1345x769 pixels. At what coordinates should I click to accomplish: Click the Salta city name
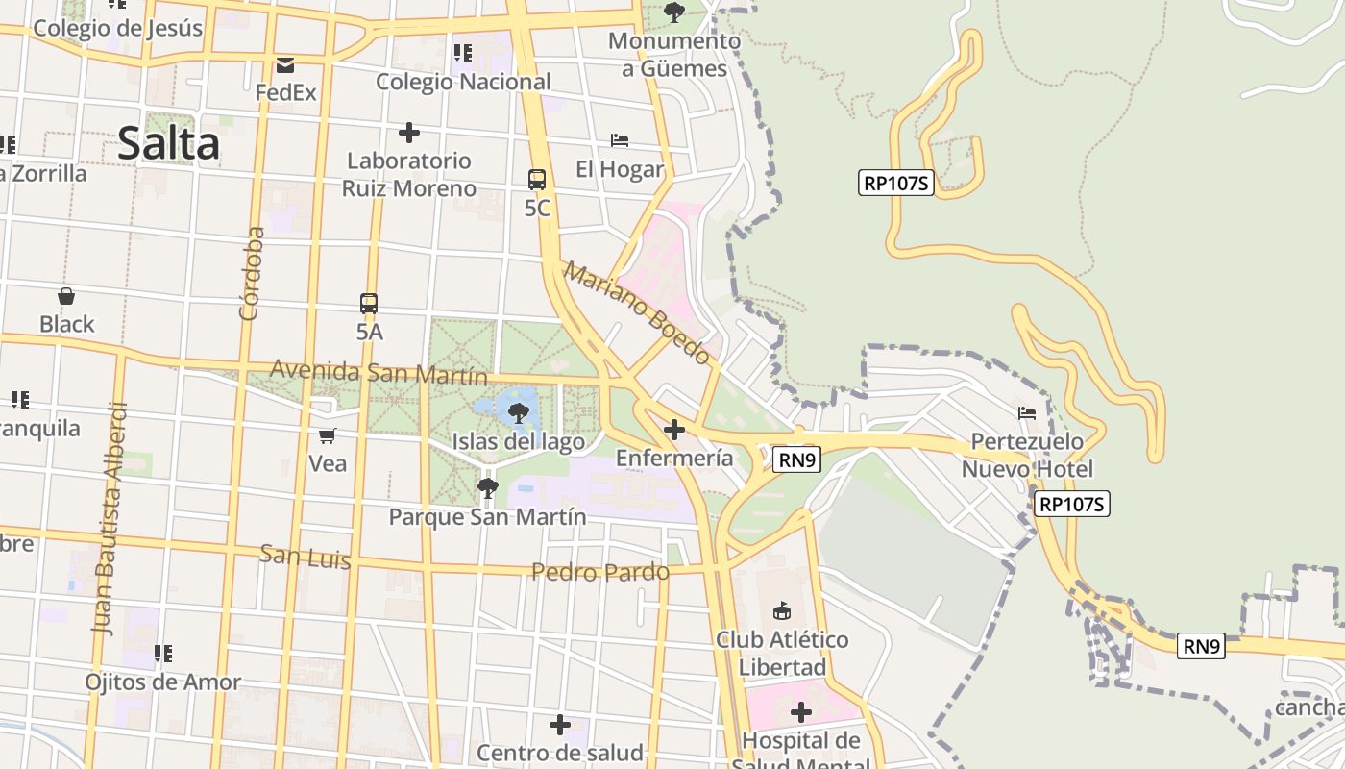[169, 144]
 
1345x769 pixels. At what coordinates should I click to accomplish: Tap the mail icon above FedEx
[285, 65]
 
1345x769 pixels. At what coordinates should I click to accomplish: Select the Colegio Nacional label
[463, 82]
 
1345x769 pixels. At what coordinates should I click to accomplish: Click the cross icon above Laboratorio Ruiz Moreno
[409, 132]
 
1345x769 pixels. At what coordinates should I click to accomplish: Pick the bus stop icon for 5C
[537, 180]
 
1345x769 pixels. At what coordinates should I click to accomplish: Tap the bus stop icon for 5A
[369, 304]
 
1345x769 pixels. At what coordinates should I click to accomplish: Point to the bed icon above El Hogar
[620, 140]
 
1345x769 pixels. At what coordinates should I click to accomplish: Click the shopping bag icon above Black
[66, 296]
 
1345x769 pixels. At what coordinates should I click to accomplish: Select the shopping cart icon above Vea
[328, 436]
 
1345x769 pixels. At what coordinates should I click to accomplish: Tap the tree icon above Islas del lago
[519, 413]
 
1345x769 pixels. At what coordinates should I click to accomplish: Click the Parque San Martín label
[487, 517]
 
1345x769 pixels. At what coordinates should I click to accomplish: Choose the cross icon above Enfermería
[674, 430]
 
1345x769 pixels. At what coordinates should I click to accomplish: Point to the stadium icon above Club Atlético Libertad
[782, 610]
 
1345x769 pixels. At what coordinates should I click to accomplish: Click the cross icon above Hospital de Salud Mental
[801, 712]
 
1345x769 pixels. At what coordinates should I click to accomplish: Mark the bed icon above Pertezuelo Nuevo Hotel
[1027, 413]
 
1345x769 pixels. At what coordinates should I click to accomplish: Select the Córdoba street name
[252, 273]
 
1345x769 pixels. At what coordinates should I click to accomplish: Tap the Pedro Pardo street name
[600, 573]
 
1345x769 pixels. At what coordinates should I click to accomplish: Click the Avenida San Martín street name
[379, 372]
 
